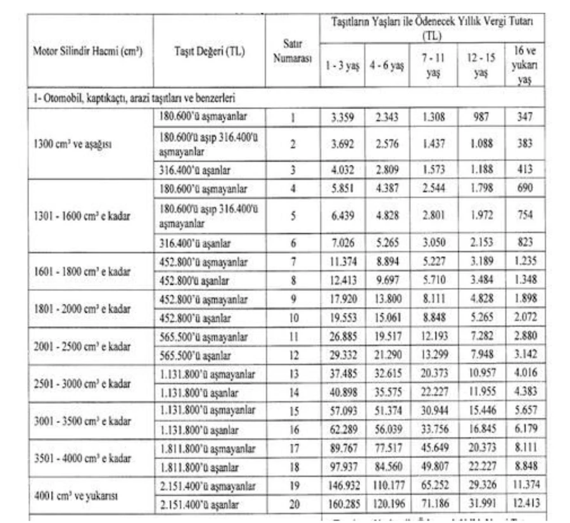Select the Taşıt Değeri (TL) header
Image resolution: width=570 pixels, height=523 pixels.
[x=210, y=51]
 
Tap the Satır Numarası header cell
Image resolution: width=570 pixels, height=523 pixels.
[x=292, y=51]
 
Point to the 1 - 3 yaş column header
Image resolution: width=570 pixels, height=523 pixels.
[x=343, y=66]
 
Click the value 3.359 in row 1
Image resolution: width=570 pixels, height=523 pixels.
[x=343, y=117]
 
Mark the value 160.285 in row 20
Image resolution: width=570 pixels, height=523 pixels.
[x=343, y=504]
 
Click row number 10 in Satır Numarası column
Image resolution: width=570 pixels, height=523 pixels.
[x=292, y=318]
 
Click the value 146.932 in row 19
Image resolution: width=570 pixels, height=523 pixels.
[x=343, y=486]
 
